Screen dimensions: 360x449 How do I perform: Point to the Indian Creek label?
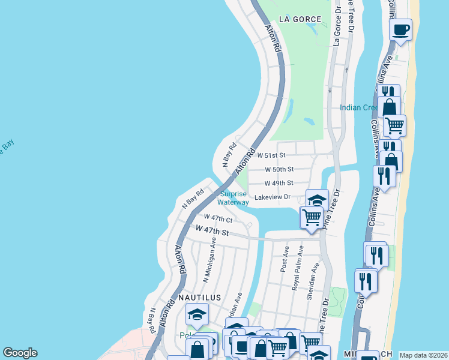(358, 108)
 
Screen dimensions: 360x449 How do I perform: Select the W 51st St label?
(275, 155)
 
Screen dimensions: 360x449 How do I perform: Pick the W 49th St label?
(279, 183)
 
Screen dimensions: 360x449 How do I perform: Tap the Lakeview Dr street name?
(273, 197)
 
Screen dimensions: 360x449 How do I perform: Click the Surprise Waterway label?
(234, 199)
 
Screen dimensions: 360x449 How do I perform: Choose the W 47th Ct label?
(218, 217)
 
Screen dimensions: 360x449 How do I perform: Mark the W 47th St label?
(212, 230)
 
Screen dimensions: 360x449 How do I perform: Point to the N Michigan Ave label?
(209, 259)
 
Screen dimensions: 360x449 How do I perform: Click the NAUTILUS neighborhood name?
(199, 298)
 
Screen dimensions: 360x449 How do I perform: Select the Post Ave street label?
(285, 259)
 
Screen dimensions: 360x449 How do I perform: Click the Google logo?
(20, 353)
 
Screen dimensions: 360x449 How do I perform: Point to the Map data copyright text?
(423, 355)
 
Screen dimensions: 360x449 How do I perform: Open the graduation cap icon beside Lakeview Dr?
(317, 200)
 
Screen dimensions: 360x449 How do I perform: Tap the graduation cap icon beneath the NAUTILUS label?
(197, 314)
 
